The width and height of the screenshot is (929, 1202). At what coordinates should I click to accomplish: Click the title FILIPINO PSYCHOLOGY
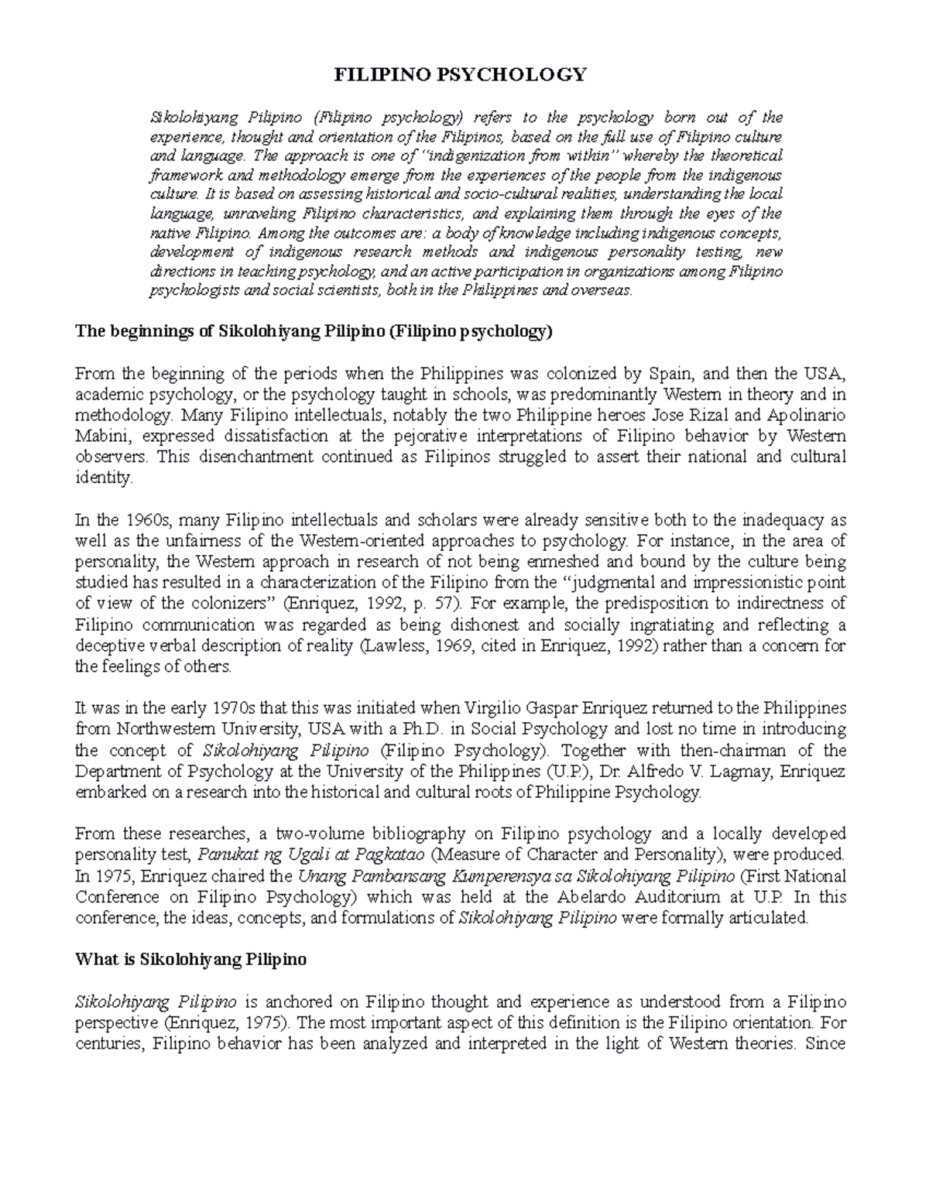(x=460, y=74)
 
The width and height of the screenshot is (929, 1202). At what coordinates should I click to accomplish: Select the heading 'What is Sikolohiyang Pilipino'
(x=190, y=959)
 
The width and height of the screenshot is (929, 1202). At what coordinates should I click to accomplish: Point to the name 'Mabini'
(x=98, y=436)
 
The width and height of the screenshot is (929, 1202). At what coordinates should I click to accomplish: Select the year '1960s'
(x=143, y=519)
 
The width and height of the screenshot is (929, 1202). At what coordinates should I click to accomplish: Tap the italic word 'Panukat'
(x=224, y=854)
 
